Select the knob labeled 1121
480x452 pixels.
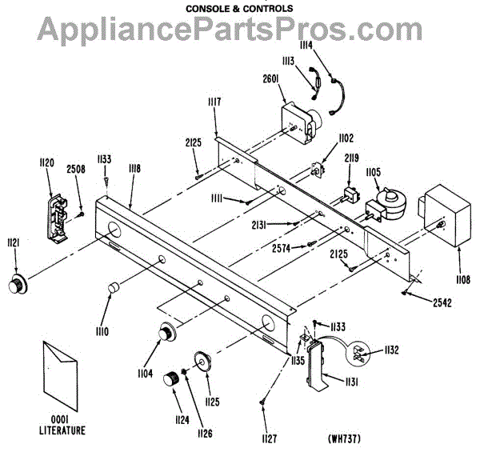point(16,284)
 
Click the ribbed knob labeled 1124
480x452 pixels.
point(171,378)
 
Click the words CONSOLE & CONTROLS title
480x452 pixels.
point(239,9)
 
